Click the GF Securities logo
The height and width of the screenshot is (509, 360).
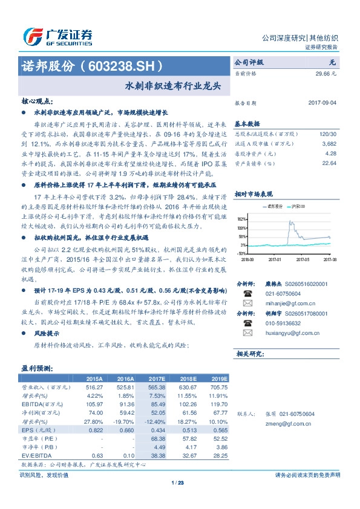[58, 36]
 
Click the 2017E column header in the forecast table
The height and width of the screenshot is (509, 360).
[157, 378]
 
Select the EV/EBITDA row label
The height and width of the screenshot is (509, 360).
[37, 455]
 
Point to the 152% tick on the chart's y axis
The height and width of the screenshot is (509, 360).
[242, 219]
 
